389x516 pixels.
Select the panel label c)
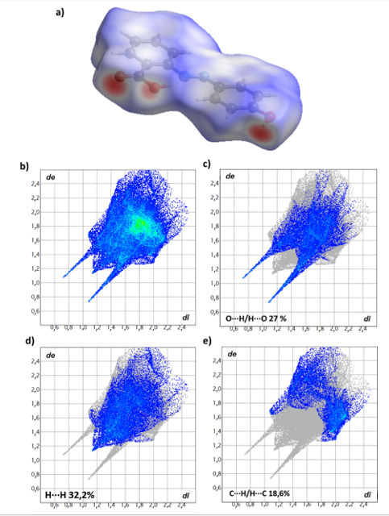point(207,166)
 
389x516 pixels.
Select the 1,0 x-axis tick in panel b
point(82,329)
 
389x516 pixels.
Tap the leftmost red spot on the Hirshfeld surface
point(114,86)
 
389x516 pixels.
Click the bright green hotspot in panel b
point(141,223)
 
